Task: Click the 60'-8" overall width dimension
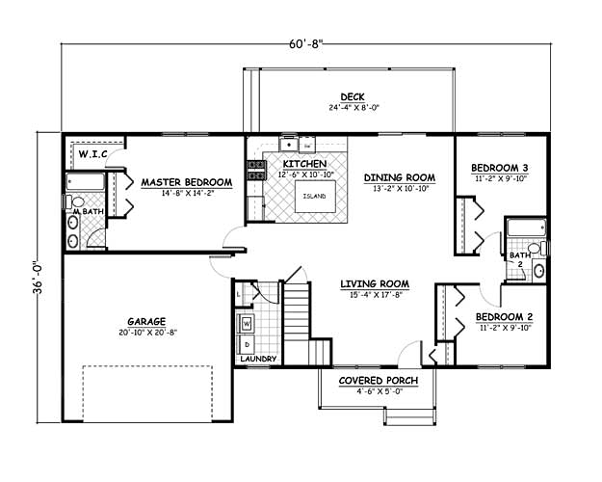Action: (305, 43)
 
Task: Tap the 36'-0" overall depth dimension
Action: (39, 278)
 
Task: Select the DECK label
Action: (353, 96)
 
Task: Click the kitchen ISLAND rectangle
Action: (315, 196)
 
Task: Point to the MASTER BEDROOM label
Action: (187, 182)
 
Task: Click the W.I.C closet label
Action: (92, 154)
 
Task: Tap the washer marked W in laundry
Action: (247, 324)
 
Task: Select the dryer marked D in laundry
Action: (247, 344)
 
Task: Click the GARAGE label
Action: (146, 321)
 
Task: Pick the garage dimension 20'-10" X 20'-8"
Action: (147, 333)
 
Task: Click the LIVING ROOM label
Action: (375, 284)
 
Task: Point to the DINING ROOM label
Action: (400, 177)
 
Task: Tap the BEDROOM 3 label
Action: (500, 168)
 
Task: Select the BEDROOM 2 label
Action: (504, 317)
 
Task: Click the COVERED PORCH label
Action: (379, 381)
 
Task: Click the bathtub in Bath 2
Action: (526, 228)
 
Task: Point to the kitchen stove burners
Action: (257, 171)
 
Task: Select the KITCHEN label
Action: (304, 164)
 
